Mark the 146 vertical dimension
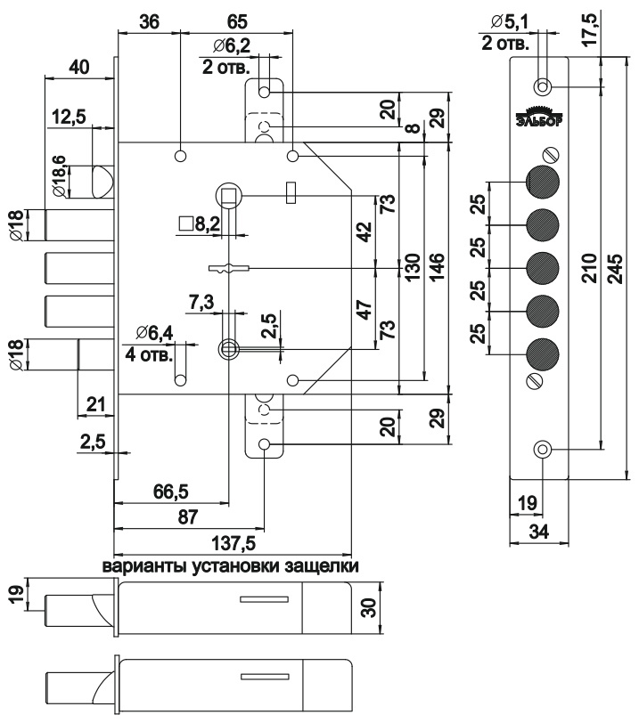pyautogui.click(x=437, y=267)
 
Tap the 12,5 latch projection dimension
pyautogui.click(x=70, y=117)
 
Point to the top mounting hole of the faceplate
pyautogui.click(x=541, y=86)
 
